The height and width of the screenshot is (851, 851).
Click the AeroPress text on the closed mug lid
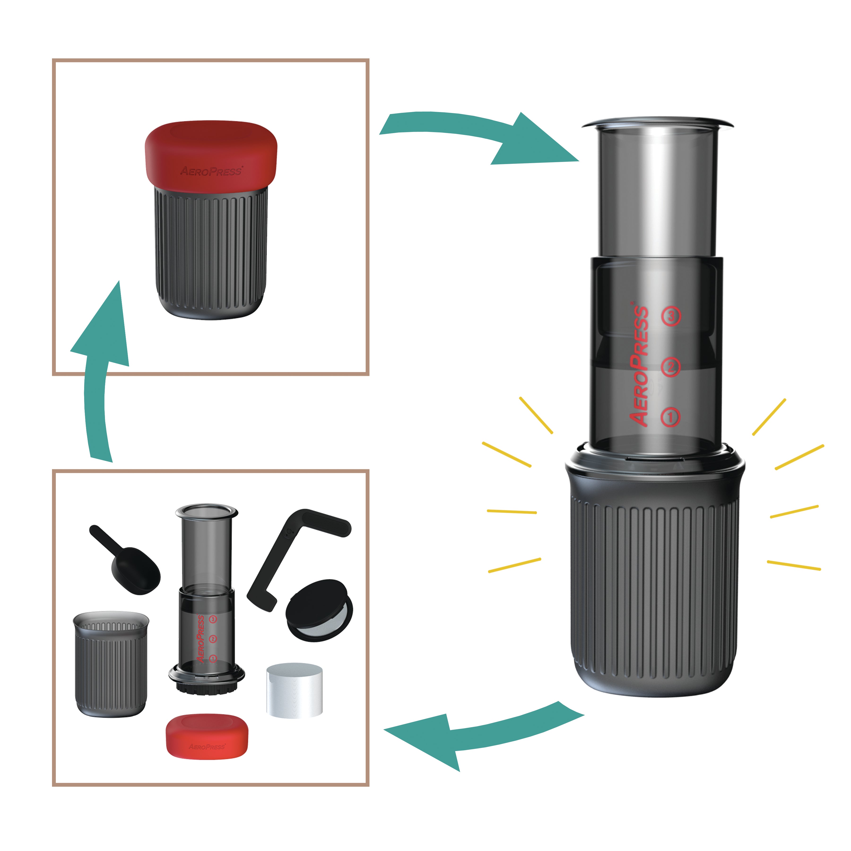click(211, 171)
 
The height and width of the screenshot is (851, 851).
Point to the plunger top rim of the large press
click(657, 123)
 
